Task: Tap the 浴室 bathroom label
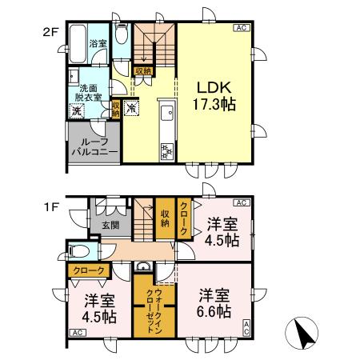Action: pos(97,44)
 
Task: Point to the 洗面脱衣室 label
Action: pos(90,92)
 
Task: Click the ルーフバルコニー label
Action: pos(94,145)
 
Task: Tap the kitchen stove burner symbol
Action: pos(168,148)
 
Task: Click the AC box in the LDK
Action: pos(239,28)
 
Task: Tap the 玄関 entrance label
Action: pos(110,225)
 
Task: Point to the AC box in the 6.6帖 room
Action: pos(246,326)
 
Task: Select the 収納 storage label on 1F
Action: pos(165,217)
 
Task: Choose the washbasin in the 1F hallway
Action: pos(143,267)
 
